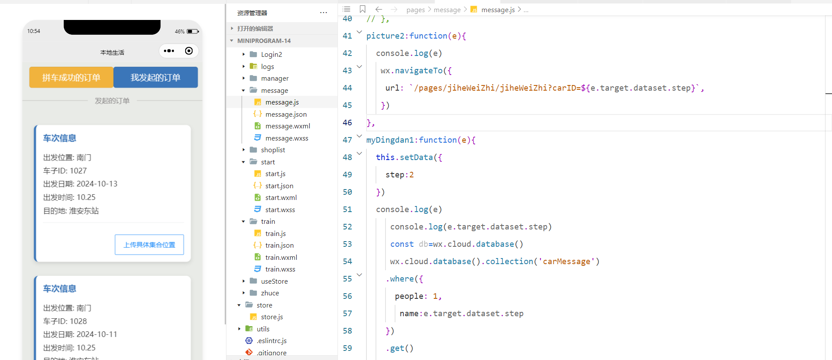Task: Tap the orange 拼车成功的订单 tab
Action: point(71,77)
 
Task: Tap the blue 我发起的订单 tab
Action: point(156,77)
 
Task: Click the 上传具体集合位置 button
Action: point(149,245)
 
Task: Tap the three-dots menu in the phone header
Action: point(169,51)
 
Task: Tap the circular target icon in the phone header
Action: point(189,51)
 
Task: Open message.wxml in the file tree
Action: point(288,126)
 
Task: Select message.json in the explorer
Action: point(286,114)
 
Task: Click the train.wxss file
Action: point(280,269)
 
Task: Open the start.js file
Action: point(275,173)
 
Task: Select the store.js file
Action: point(272,317)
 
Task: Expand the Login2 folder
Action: point(271,54)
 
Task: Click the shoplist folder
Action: point(273,150)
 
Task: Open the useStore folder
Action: point(274,281)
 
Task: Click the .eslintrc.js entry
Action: point(271,340)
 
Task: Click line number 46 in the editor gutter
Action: point(347,122)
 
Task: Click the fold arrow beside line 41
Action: point(359,32)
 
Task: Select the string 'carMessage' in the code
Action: point(567,261)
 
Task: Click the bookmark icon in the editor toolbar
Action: point(363,9)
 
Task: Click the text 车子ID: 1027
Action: point(65,171)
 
